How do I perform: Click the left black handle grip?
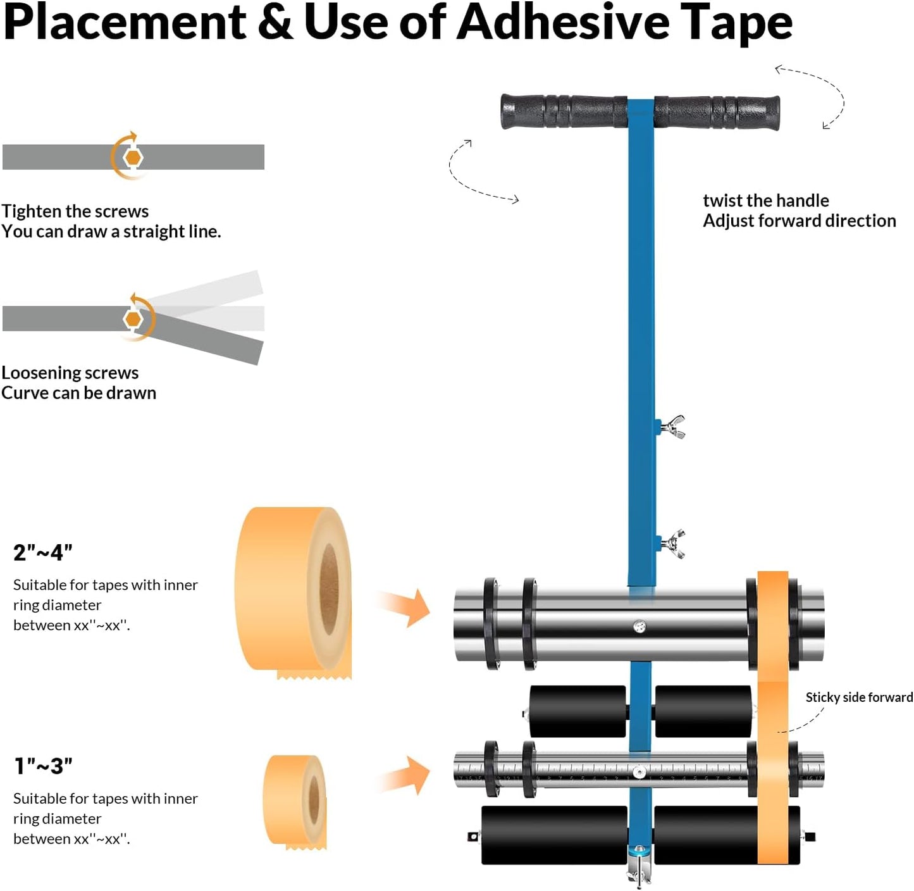[x=563, y=112]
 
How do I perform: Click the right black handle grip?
[x=717, y=113]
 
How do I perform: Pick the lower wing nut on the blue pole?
[x=672, y=544]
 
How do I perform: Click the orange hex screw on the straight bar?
[x=133, y=157]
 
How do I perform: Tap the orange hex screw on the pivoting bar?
[x=133, y=319]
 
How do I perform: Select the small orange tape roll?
[x=295, y=799]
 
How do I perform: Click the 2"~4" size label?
[x=43, y=552]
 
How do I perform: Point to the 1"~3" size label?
[x=43, y=766]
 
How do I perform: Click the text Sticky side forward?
[x=858, y=697]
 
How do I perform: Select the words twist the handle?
[x=765, y=201]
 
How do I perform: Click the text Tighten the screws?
[x=75, y=211]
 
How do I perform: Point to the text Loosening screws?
[x=70, y=373]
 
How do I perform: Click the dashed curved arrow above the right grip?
[x=816, y=95]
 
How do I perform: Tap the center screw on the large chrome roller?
[x=639, y=627]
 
